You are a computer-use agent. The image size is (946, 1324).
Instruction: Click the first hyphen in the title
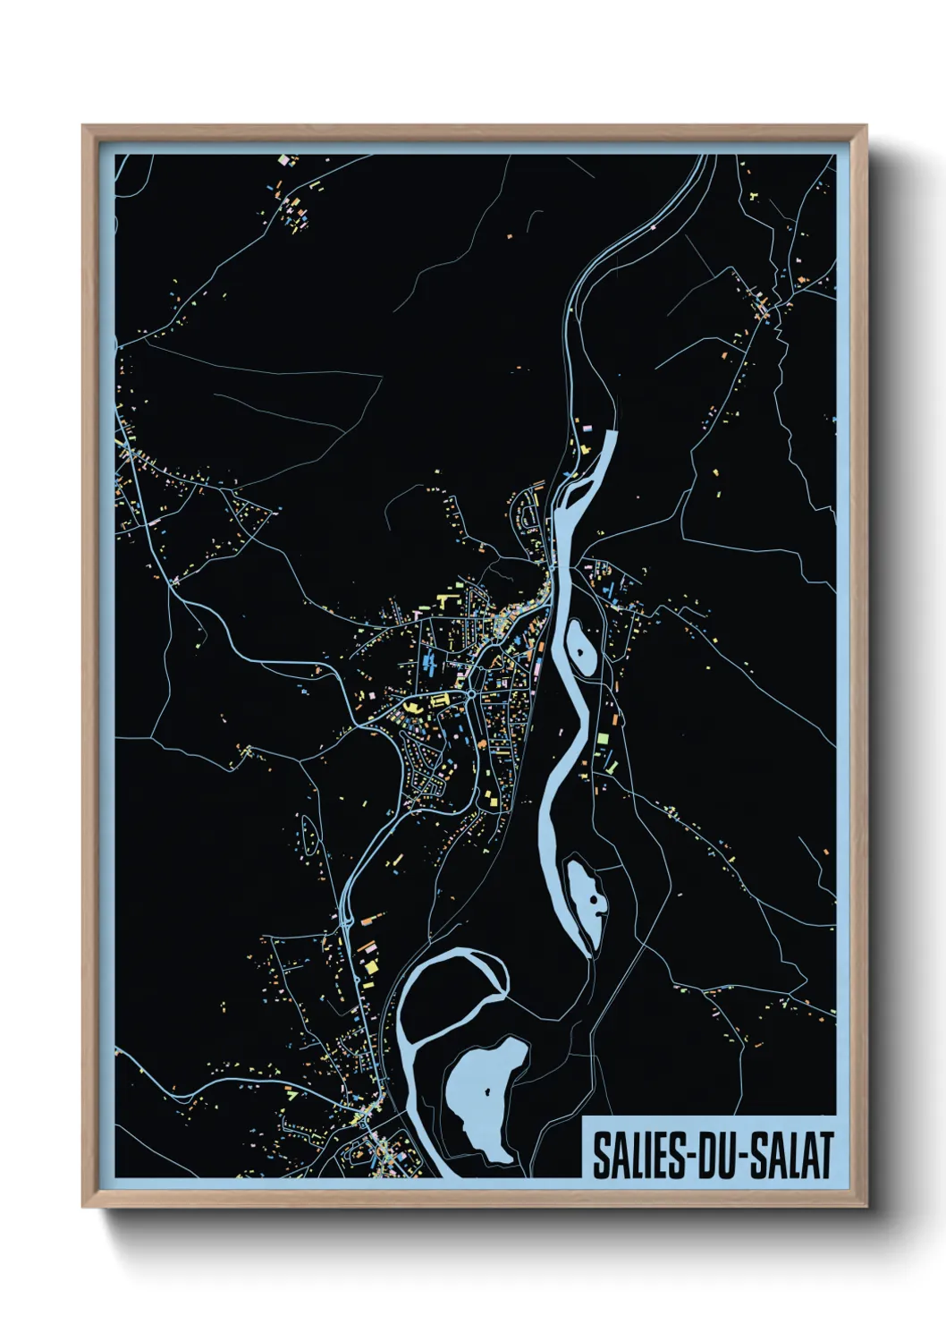pyautogui.click(x=687, y=1157)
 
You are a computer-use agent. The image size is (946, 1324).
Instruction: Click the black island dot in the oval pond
pyautogui.click(x=582, y=652)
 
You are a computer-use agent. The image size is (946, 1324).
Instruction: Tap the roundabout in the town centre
pyautogui.click(x=470, y=694)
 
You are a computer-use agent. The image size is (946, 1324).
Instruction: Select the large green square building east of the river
pyautogui.click(x=603, y=738)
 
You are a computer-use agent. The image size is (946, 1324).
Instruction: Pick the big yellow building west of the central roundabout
pyautogui.click(x=414, y=707)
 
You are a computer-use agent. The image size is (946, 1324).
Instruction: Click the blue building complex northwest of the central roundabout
pyautogui.click(x=429, y=663)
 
